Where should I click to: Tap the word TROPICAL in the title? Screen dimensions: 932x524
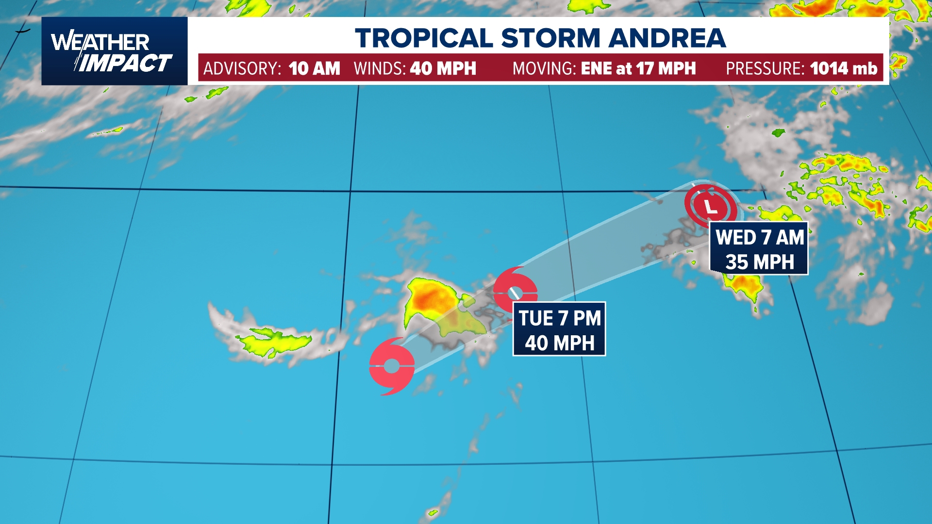[x=424, y=38]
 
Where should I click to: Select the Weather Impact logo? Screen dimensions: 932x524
[x=114, y=51]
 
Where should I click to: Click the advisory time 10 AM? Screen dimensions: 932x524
[x=314, y=68]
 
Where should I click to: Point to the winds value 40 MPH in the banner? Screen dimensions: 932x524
[x=443, y=68]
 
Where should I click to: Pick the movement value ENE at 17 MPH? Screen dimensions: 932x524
[x=638, y=68]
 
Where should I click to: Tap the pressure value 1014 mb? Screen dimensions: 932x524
[x=843, y=68]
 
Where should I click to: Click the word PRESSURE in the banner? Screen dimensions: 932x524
[x=765, y=68]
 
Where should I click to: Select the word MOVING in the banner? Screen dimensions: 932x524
[x=544, y=68]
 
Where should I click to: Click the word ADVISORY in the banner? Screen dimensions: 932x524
[x=241, y=68]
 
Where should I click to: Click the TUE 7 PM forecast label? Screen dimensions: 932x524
[x=559, y=318]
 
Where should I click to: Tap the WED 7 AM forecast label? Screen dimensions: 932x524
[x=760, y=238]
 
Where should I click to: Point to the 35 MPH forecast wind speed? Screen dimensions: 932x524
[x=760, y=262]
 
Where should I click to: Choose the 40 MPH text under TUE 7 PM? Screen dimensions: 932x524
[x=559, y=343]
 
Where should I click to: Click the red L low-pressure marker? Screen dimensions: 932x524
[x=711, y=206]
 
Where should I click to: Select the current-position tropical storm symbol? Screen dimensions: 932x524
[x=391, y=366]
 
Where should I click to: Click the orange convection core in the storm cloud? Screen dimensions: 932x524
[x=432, y=296]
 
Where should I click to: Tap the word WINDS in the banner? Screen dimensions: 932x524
[x=379, y=68]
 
